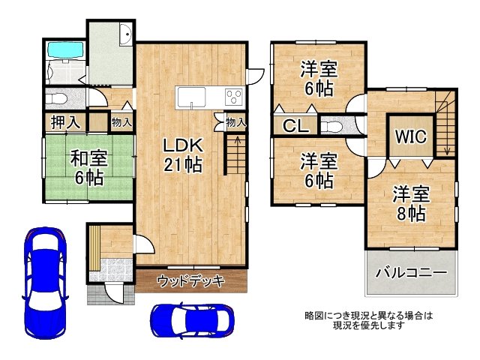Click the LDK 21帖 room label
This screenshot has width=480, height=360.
(x=183, y=154)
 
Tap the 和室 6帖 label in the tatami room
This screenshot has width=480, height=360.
(x=88, y=167)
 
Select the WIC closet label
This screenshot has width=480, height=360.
(x=411, y=136)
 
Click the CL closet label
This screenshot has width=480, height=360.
(x=295, y=125)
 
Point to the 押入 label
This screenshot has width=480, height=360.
(x=65, y=121)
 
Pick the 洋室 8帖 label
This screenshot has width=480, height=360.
(x=412, y=203)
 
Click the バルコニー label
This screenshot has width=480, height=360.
(x=411, y=271)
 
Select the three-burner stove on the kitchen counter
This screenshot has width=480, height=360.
(x=234, y=96)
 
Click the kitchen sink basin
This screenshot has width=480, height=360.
(x=190, y=97)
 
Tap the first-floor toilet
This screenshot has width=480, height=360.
(x=57, y=99)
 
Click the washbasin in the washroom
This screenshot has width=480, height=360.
(x=125, y=34)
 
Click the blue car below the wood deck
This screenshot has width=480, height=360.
(x=192, y=321)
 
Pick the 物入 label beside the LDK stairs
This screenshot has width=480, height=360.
(x=236, y=122)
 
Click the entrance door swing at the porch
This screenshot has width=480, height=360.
(x=115, y=293)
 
